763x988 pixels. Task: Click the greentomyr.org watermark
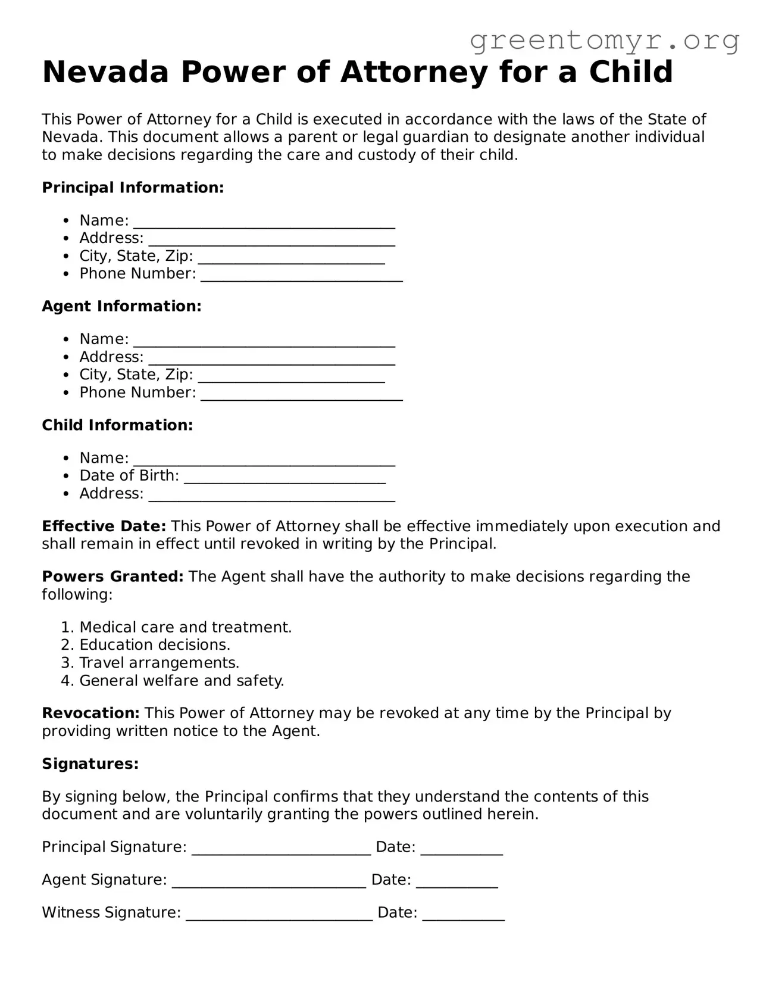(x=605, y=40)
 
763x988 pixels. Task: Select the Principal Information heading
(x=133, y=188)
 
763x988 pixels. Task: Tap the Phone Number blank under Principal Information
(x=302, y=276)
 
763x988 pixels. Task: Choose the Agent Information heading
(x=121, y=306)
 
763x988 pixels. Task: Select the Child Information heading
(x=117, y=425)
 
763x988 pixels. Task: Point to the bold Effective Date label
(x=104, y=526)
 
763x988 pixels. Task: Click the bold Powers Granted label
(x=112, y=576)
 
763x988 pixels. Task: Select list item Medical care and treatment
(x=185, y=627)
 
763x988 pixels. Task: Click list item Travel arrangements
(x=159, y=663)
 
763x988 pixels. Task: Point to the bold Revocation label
(x=90, y=713)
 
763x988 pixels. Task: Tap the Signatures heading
(x=90, y=763)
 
